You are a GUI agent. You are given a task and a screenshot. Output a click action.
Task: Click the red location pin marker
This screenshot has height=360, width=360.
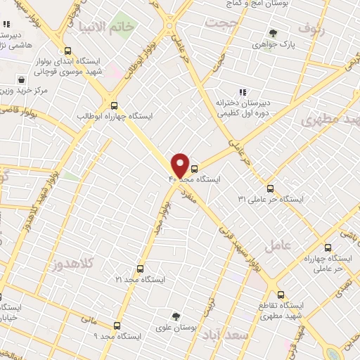tap(180, 165)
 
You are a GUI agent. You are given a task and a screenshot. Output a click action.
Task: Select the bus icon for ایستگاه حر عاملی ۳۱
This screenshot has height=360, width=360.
tap(271, 188)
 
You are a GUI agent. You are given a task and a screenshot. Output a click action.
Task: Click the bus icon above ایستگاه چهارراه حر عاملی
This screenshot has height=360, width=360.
tap(328, 247)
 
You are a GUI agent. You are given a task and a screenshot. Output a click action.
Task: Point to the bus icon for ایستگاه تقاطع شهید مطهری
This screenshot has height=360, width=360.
tap(281, 295)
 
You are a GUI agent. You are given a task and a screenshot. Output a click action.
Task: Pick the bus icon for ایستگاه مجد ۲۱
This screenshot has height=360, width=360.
tap(139, 269)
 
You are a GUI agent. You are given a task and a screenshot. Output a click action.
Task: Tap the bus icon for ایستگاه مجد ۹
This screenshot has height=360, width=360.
tap(117, 326)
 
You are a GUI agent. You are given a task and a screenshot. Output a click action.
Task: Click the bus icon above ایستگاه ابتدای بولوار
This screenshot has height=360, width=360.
tap(67, 51)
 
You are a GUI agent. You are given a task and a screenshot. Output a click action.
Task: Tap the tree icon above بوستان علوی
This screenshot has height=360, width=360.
tap(175, 317)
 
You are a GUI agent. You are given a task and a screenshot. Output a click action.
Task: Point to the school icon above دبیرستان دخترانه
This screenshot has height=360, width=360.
tap(243, 91)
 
